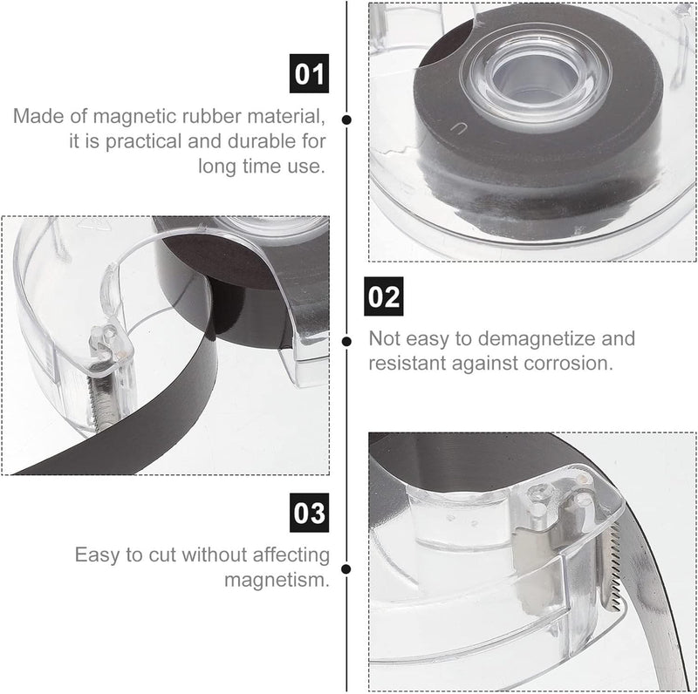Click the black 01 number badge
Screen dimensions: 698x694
pos(309,73)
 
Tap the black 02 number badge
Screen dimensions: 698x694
pos(384,296)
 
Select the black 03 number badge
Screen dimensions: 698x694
pos(310,513)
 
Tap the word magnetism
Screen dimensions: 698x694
pos(277,580)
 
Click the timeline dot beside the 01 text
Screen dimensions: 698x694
pos(346,119)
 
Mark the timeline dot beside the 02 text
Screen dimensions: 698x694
pos(346,341)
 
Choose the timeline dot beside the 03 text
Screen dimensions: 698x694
pos(346,569)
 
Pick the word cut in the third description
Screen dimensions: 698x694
pos(162,555)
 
